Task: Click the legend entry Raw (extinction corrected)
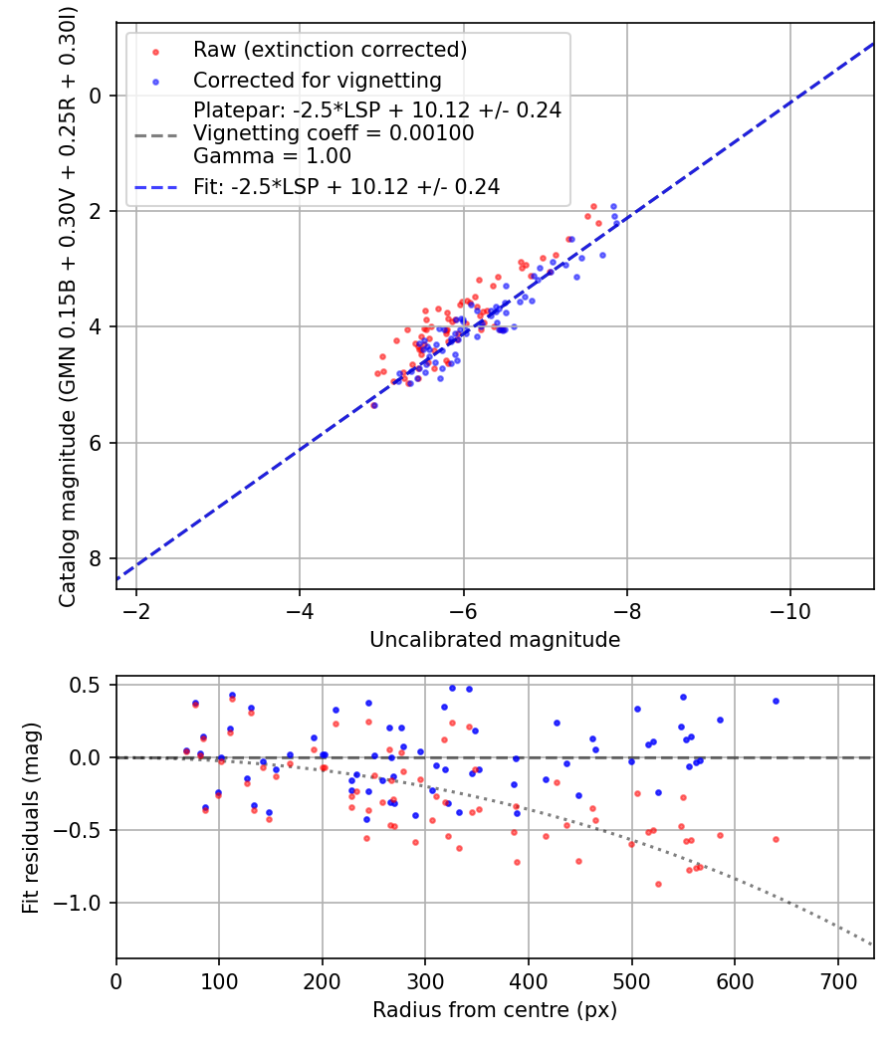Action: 330,50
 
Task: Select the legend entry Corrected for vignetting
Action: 317,80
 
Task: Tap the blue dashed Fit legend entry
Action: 345,185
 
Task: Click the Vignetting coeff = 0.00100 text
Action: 334,132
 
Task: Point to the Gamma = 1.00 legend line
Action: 272,156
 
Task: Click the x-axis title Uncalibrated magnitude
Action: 495,640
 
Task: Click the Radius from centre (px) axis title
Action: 495,1010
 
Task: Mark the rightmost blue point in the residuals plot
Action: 776,701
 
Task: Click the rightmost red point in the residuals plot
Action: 776,839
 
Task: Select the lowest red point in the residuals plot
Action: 658,884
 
